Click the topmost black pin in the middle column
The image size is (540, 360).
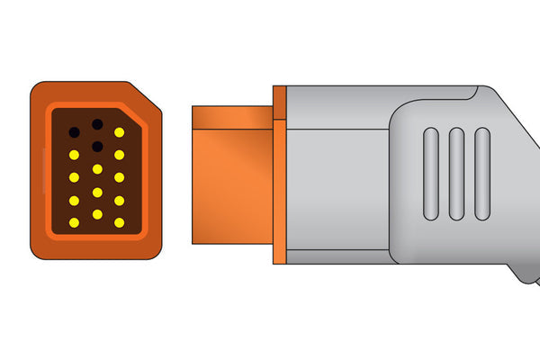(x=96, y=124)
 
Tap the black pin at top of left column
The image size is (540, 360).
(x=74, y=132)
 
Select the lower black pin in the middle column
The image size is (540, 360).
(x=96, y=146)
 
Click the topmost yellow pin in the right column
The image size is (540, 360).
(x=119, y=132)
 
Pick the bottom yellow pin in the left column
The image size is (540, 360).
(x=74, y=222)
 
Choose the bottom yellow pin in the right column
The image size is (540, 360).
(x=119, y=222)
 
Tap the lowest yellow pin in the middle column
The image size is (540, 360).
(x=96, y=214)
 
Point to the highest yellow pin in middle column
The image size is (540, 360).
(x=96, y=168)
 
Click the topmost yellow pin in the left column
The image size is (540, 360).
(x=74, y=155)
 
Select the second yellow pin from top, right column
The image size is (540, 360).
(x=119, y=155)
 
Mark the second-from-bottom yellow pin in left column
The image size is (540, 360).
(x=74, y=200)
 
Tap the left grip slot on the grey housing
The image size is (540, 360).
(x=430, y=174)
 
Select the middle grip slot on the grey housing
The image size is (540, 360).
(x=456, y=174)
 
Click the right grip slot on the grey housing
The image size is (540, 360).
(x=482, y=174)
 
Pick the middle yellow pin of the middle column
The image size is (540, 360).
(x=96, y=192)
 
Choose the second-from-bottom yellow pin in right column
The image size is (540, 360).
(x=119, y=200)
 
